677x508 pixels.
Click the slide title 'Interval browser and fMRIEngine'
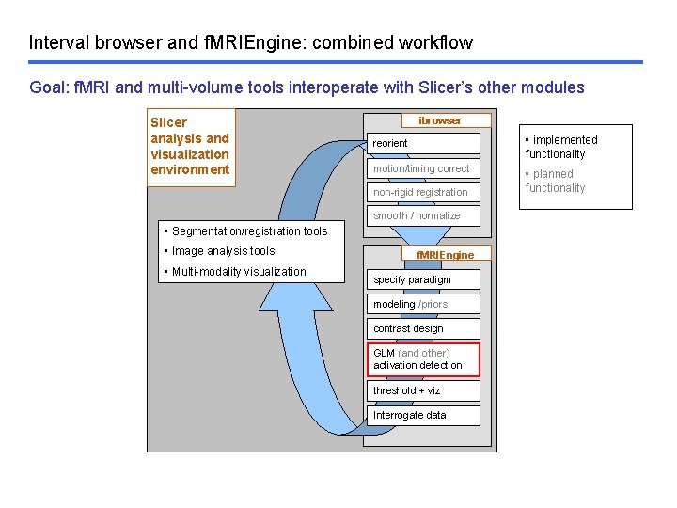[x=250, y=42]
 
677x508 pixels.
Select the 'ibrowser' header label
[x=440, y=120]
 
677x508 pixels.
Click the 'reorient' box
[x=423, y=143]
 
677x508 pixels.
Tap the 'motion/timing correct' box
[x=423, y=168]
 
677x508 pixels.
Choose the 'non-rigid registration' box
[x=423, y=192]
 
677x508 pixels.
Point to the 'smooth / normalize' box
[x=423, y=215]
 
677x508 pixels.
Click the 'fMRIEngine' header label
[x=445, y=255]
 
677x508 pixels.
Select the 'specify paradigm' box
[x=423, y=279]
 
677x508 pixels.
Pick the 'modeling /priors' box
[x=423, y=304]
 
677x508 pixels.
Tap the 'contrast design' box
[x=423, y=328]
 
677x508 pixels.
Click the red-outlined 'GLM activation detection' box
[x=423, y=359]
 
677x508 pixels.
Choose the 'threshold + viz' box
[x=423, y=390]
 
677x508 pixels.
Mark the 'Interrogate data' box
[x=423, y=415]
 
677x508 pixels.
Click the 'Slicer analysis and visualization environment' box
[x=191, y=146]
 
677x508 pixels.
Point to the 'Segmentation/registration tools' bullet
[x=246, y=230]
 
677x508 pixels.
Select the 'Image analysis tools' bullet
[x=220, y=251]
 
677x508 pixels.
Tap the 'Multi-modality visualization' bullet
[x=235, y=272]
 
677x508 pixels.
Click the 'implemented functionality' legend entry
[x=560, y=147]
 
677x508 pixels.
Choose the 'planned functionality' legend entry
[x=555, y=181]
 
